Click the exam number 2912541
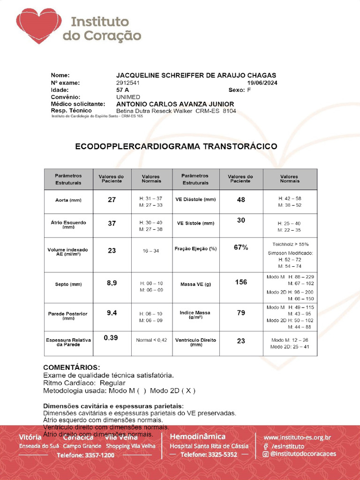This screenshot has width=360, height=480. (128, 82)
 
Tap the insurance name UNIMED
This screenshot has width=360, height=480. (128, 97)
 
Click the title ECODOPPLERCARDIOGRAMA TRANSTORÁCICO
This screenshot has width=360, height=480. (176, 146)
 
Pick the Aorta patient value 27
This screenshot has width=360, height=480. (112, 200)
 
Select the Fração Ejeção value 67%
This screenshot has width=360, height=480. (241, 247)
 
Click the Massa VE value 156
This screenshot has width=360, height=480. (241, 282)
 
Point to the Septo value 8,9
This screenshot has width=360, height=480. (112, 283)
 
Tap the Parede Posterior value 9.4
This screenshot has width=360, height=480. (112, 312)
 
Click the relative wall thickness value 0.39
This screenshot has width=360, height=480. (111, 338)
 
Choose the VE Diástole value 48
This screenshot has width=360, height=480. (241, 200)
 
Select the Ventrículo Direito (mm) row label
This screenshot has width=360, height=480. (196, 342)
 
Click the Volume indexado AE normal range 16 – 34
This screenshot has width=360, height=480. (151, 251)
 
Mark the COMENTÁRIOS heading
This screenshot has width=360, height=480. (71, 367)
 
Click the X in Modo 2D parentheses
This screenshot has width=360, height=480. (188, 390)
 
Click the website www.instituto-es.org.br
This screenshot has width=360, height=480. (297, 438)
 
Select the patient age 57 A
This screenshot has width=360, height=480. (123, 90)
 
